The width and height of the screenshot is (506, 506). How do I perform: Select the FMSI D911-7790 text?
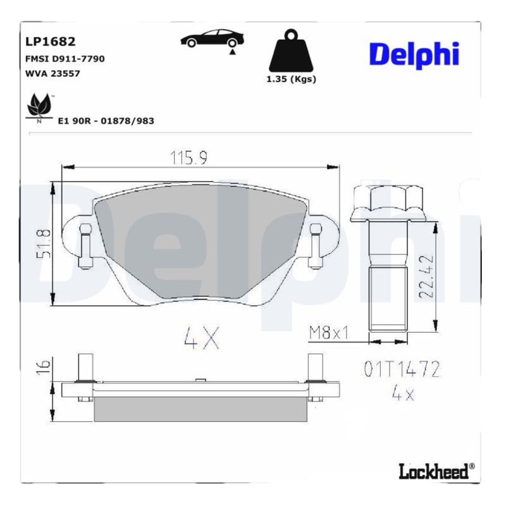point(65,59)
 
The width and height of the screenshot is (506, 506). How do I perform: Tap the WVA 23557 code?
point(52,73)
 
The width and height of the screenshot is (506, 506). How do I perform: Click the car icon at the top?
point(212,40)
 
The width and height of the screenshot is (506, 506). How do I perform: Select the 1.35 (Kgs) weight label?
point(291,80)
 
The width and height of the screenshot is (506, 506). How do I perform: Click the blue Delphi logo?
point(414,55)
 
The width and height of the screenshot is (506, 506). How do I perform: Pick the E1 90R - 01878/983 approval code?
point(106,121)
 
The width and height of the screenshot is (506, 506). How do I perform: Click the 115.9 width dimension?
point(188,157)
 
